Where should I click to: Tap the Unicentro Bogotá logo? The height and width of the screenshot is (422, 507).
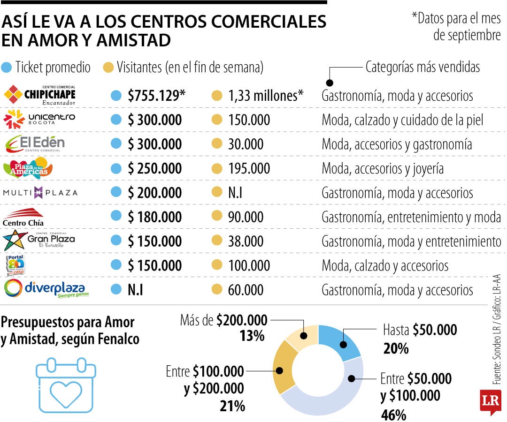[x=38, y=120]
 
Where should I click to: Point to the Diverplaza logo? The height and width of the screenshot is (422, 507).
[x=46, y=288]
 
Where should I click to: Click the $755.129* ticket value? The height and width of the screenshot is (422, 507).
[x=156, y=96]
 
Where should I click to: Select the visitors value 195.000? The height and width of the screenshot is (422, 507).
[x=249, y=168]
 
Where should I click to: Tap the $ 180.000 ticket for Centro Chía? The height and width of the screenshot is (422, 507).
[x=154, y=217]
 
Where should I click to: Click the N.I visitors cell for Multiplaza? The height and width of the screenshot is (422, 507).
[x=235, y=192]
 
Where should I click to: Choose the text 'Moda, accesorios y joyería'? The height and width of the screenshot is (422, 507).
[x=383, y=168]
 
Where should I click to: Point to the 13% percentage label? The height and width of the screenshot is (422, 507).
[x=252, y=336]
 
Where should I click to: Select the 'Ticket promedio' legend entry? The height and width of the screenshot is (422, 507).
[x=46, y=68]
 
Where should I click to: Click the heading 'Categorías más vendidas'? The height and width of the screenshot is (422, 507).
[x=422, y=67]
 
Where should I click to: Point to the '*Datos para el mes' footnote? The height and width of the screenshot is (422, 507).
[x=456, y=19]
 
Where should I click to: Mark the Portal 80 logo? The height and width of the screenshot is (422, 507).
[x=14, y=265]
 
